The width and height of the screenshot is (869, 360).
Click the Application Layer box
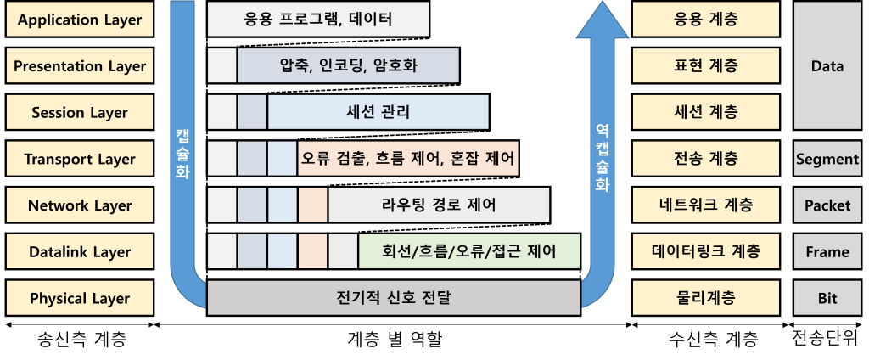click(x=79, y=20)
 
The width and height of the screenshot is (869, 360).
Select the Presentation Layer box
click(x=79, y=66)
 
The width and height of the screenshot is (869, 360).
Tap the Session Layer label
click(x=79, y=113)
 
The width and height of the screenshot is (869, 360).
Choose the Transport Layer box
click(x=79, y=159)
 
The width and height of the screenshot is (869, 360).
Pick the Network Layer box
click(x=79, y=205)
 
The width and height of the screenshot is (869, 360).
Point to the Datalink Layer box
click(x=79, y=252)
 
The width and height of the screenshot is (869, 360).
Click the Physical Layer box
click(x=79, y=298)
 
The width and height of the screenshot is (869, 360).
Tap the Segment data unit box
click(x=827, y=159)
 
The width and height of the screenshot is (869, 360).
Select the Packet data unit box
click(x=827, y=205)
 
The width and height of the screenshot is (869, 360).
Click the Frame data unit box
click(x=827, y=252)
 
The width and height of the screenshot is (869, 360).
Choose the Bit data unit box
click(x=827, y=298)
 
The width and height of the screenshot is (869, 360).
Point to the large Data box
click(x=827, y=66)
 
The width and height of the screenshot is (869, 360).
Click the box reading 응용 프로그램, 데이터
click(x=317, y=20)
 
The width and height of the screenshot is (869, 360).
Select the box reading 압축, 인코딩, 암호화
click(x=348, y=66)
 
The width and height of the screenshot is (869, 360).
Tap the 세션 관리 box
click(x=378, y=113)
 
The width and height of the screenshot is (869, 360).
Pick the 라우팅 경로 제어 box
click(x=439, y=205)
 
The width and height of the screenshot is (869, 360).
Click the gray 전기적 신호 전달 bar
click(x=393, y=298)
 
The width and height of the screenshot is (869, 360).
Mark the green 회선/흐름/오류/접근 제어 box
click(x=468, y=252)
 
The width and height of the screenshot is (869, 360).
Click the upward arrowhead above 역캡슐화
click(x=602, y=21)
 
